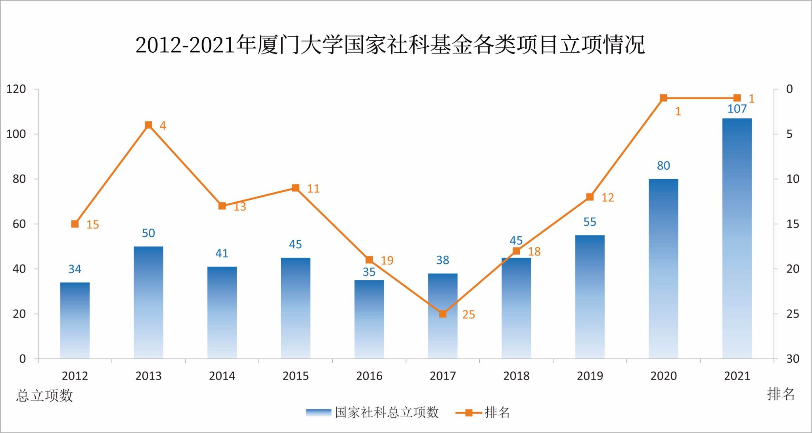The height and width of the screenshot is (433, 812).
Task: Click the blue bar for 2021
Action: pyautogui.click(x=737, y=238)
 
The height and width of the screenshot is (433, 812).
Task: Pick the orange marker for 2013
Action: pyautogui.click(x=149, y=125)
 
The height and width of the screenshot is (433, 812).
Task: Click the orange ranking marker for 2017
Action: pyautogui.click(x=443, y=314)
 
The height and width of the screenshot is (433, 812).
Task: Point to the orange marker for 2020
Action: pyautogui.click(x=663, y=98)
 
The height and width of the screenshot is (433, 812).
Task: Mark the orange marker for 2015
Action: pyautogui.click(x=296, y=188)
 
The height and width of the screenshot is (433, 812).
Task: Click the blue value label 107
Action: pyautogui.click(x=737, y=109)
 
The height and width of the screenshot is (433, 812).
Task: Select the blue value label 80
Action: pyautogui.click(x=663, y=166)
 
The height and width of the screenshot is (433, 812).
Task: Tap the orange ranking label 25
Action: pyautogui.click(x=468, y=315)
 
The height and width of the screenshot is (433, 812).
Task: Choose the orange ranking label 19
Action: pyautogui.click(x=387, y=261)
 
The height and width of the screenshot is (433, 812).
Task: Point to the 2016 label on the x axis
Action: pyautogui.click(x=369, y=376)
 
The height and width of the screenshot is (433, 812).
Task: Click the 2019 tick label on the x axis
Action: pyautogui.click(x=590, y=376)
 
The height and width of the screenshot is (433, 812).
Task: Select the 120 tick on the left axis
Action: pyautogui.click(x=16, y=89)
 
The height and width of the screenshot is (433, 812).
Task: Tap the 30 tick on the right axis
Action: pyautogui.click(x=793, y=359)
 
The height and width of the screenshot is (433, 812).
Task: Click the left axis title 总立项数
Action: pyautogui.click(x=45, y=395)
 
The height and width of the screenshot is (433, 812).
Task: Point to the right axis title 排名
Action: pyautogui.click(x=781, y=394)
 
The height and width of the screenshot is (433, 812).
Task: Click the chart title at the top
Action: pyautogui.click(x=390, y=45)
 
